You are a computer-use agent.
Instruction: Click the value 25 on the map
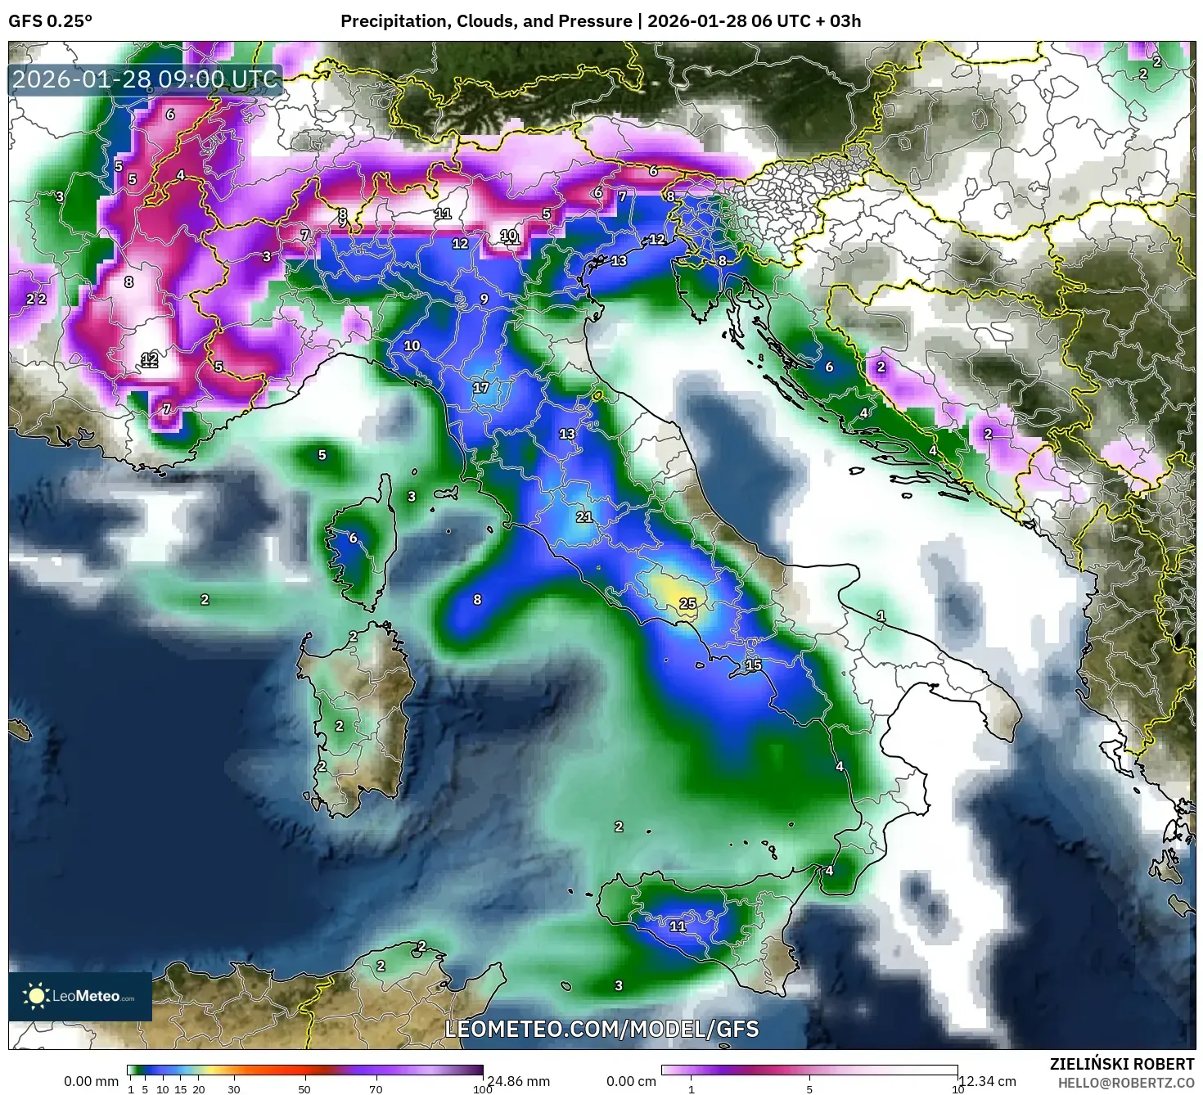687,604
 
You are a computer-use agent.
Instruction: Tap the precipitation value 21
583,517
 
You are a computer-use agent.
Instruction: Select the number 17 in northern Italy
480,387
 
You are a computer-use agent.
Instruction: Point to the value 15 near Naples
753,665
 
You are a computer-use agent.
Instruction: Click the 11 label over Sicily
678,926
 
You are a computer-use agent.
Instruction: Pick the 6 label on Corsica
353,538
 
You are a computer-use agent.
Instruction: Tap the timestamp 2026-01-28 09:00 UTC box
146,80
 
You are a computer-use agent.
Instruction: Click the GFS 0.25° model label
50,21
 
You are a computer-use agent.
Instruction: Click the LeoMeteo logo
80,996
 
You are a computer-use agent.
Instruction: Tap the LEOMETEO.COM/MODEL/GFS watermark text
601,1029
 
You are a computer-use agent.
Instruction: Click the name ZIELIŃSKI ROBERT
1122,1064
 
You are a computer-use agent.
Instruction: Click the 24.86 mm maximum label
518,1081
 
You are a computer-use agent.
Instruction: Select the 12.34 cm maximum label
987,1081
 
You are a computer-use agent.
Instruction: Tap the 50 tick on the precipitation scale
304,1088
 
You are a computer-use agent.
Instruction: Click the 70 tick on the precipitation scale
376,1088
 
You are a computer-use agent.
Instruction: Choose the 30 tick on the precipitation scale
234,1088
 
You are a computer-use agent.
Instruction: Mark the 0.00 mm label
92,1081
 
